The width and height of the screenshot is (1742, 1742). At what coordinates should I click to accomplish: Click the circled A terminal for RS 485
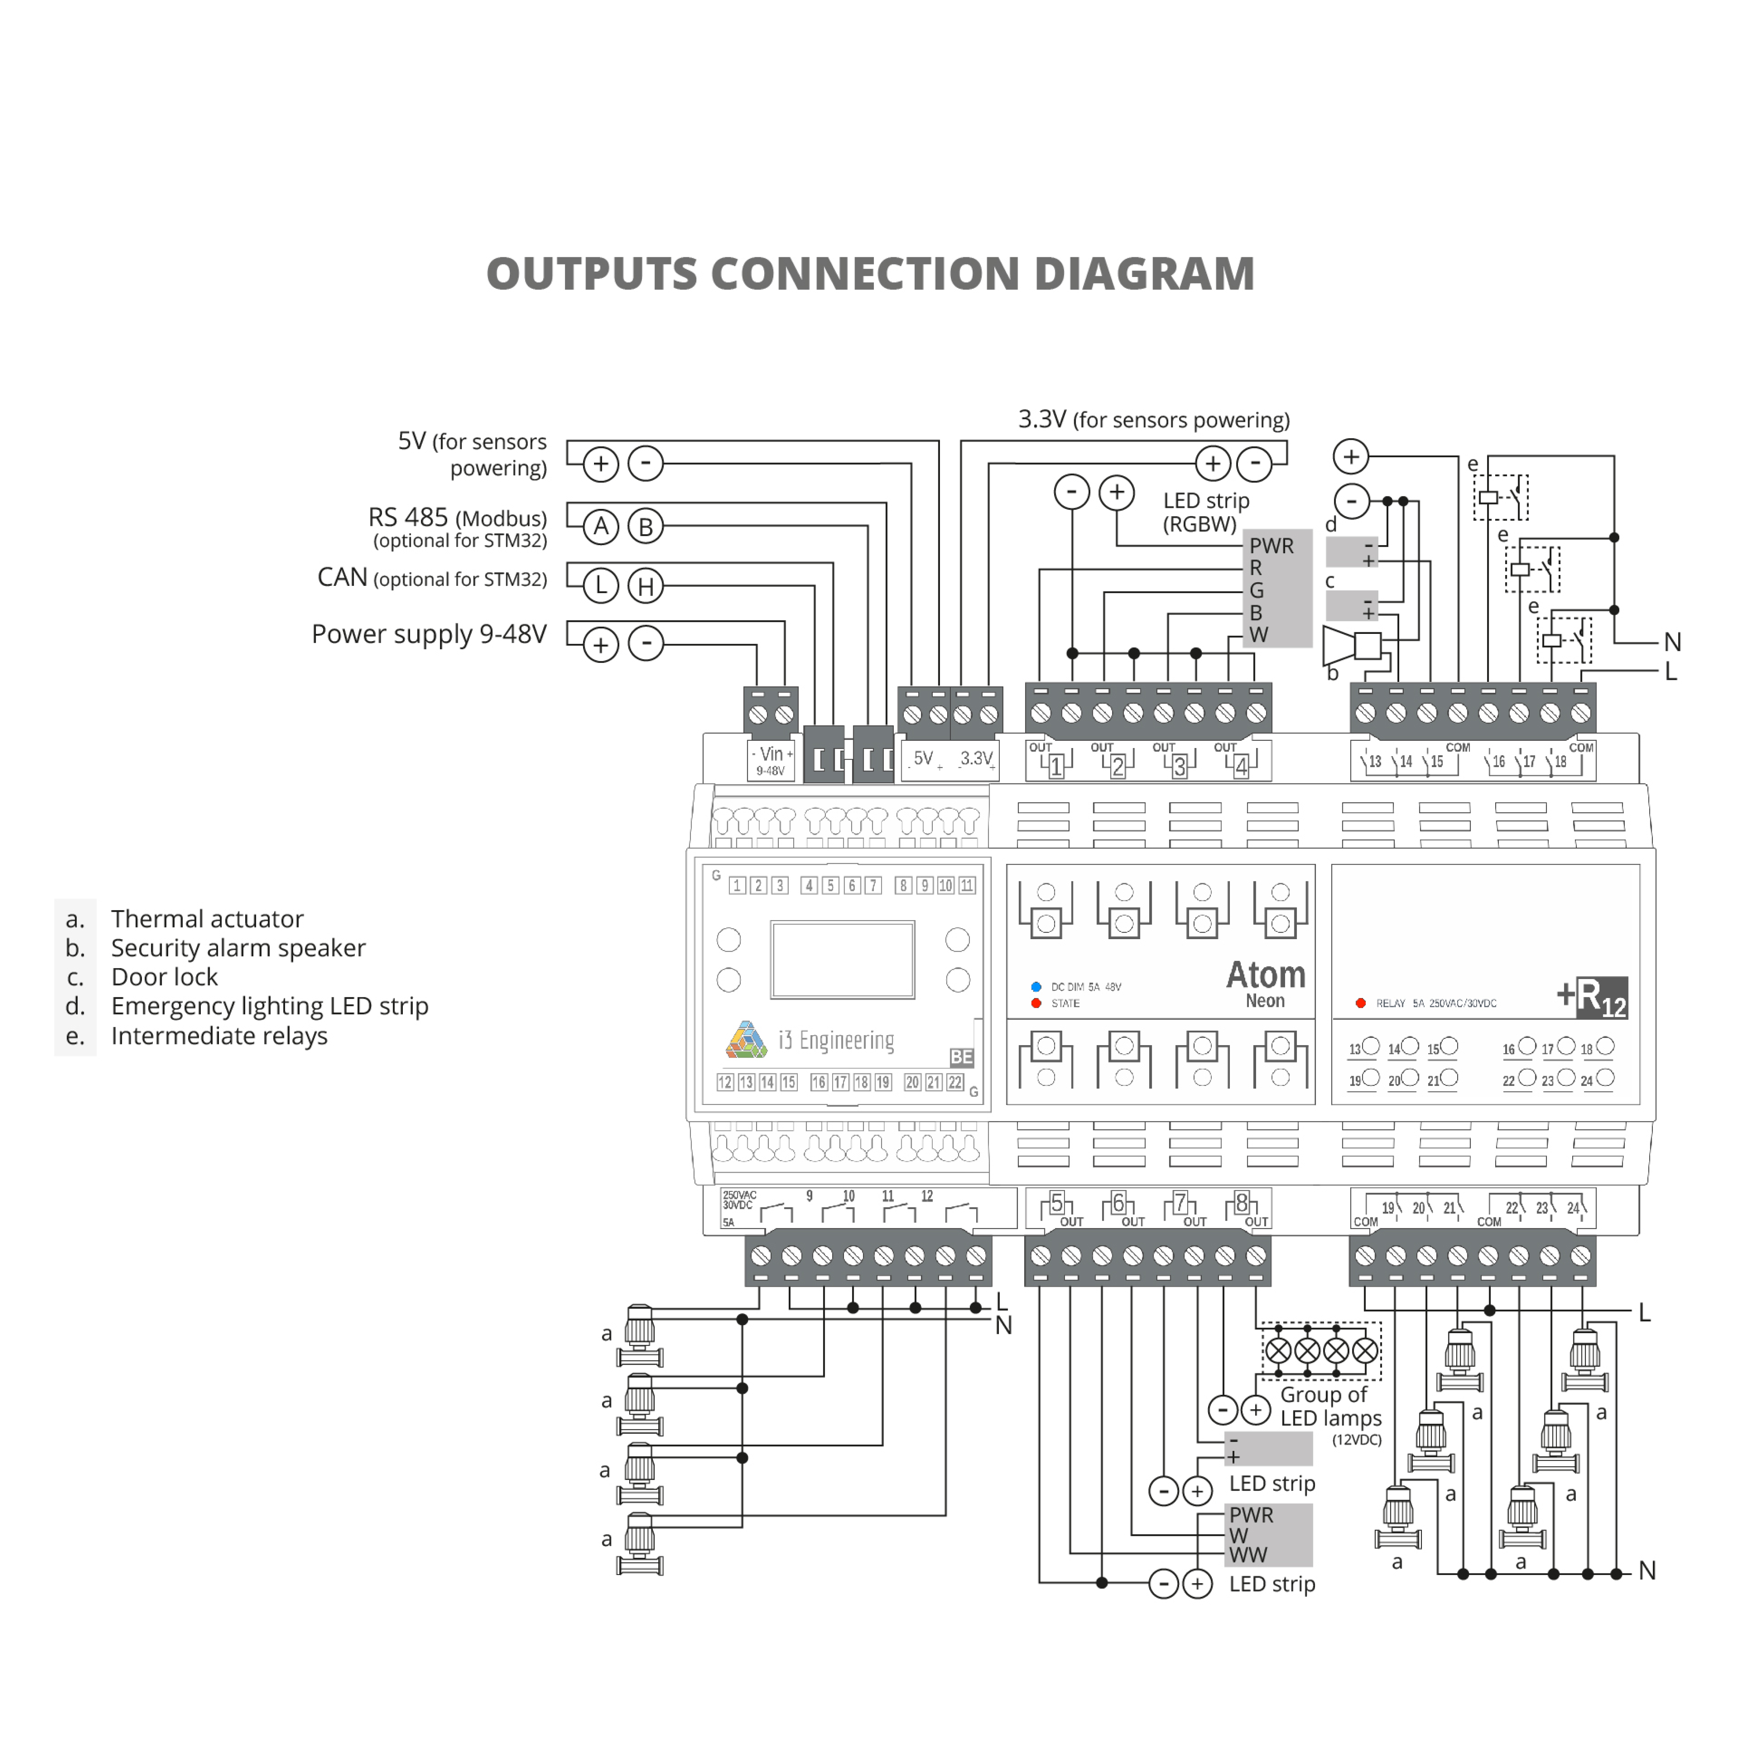pos(600,527)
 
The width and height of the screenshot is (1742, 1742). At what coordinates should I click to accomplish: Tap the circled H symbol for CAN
pos(646,586)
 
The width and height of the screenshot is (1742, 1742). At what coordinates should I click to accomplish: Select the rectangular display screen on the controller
pos(842,959)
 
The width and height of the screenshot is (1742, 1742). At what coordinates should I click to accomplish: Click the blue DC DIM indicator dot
pos(1036,986)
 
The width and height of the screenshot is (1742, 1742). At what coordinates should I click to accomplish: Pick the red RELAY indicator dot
pos(1361,1002)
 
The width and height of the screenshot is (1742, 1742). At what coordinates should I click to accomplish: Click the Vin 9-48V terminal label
pos(771,759)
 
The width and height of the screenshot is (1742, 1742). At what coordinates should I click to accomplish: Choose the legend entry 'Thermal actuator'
pos(207,919)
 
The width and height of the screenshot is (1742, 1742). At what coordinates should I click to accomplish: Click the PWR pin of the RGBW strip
pos(1271,546)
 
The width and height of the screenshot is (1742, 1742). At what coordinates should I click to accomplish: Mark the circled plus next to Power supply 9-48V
pos(600,645)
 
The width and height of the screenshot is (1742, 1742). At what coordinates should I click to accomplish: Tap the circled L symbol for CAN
pos(600,586)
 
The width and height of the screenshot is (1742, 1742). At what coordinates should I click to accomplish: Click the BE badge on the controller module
pos(961,1057)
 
